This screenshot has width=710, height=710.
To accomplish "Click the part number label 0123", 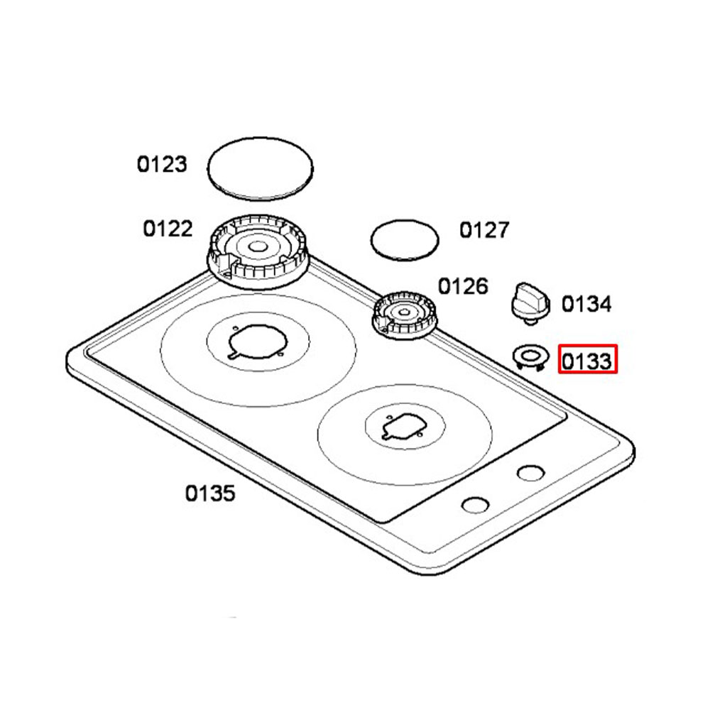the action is tap(162, 164).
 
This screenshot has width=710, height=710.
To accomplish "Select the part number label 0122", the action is tap(168, 229).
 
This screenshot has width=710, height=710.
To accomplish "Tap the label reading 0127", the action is tap(484, 230).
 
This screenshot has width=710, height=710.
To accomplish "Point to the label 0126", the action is tap(463, 286).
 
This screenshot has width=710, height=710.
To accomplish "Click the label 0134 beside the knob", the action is tap(586, 304).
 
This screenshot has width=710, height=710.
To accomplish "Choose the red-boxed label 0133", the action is tap(587, 361).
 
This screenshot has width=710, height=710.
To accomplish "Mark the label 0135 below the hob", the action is tap(210, 493).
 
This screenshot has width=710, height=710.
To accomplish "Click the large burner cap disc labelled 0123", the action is tap(261, 168).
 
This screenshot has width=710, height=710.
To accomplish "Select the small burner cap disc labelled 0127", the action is tap(405, 240).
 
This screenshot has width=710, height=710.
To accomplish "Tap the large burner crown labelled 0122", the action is tap(258, 251).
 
